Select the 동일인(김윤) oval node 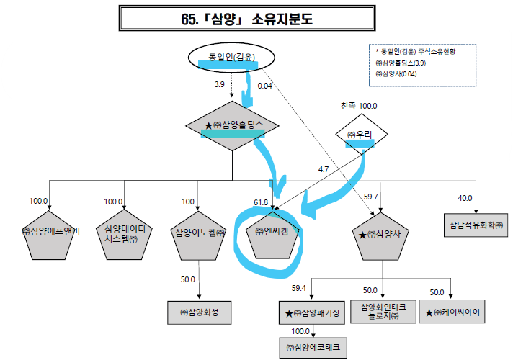point(225,55)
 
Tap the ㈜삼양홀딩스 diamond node point(233,125)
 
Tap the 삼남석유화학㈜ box point(473,224)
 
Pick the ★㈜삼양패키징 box point(312,313)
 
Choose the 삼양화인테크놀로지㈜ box point(383,312)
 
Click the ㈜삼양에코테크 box point(313,348)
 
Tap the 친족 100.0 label point(359,106)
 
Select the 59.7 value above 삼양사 point(371,196)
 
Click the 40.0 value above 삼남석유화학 point(464,197)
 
